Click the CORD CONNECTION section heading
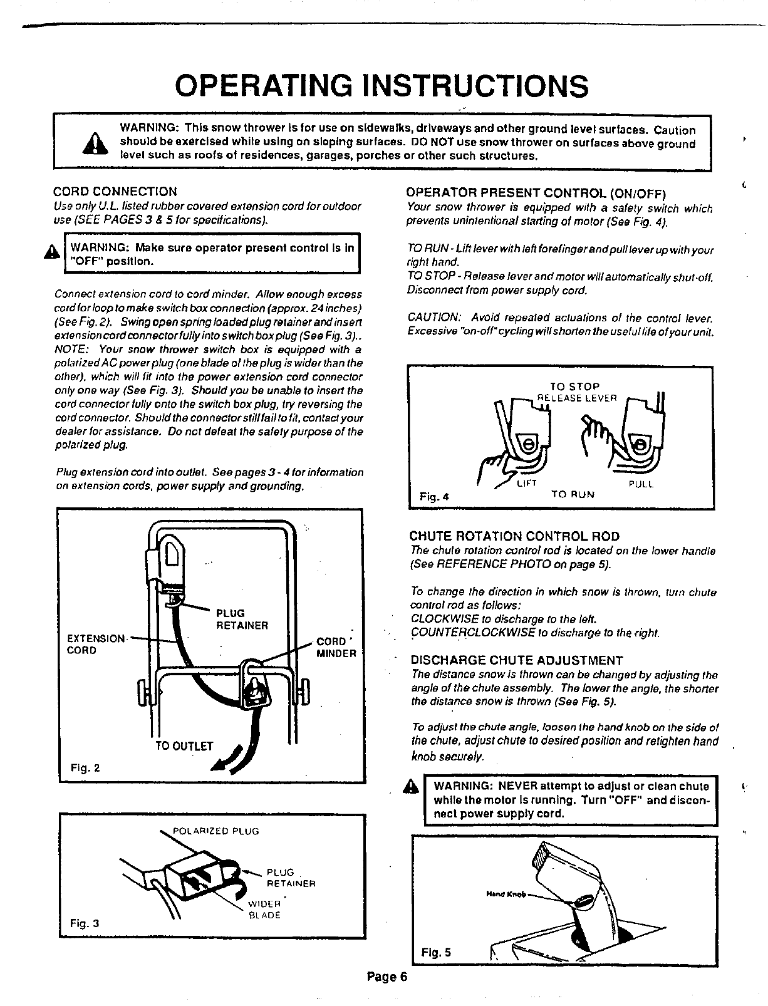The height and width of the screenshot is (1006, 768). pos(115,191)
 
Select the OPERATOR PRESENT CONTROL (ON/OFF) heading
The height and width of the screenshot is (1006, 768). pos(536,192)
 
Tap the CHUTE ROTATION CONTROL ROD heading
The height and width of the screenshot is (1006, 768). pos(514,536)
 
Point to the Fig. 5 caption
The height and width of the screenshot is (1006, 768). pos(436,953)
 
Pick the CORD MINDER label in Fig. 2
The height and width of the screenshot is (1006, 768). pos(336,648)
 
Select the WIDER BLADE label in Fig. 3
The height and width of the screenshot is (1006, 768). pos(265,910)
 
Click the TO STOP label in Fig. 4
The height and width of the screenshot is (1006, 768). pos(574,386)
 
